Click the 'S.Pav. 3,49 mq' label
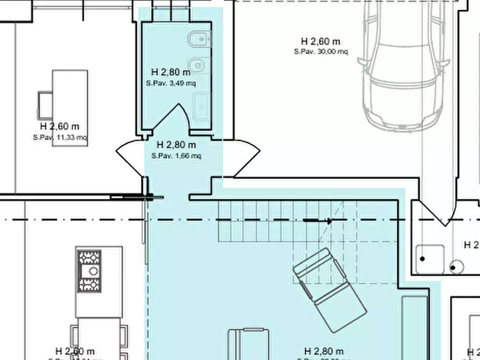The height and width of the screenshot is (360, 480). click(x=170, y=83)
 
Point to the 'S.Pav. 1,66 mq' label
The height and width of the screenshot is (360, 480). click(x=176, y=156)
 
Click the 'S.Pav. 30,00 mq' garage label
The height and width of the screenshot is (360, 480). click(x=321, y=52)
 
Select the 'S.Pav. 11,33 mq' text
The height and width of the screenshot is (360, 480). click(x=60, y=138)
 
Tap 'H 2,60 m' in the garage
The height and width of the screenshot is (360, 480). click(x=320, y=41)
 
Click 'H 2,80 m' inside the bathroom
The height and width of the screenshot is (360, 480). click(x=170, y=71)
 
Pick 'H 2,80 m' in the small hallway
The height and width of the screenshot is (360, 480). click(x=176, y=145)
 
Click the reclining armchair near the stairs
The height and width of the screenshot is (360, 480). click(x=329, y=291)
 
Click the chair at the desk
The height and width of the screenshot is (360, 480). click(x=45, y=105)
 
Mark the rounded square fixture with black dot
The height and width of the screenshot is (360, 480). click(x=429, y=259)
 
